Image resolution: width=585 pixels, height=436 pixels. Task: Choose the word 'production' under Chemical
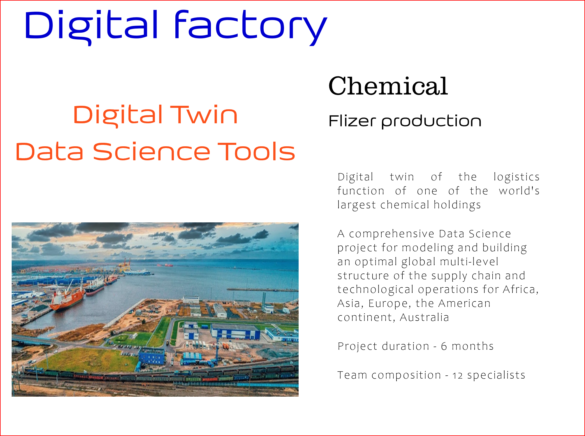(431, 121)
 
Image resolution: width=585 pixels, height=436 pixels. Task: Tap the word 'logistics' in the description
(516, 177)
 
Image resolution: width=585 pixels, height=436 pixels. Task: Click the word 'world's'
(519, 191)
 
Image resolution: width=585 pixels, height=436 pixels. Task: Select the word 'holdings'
(457, 205)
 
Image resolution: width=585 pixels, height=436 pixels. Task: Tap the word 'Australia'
(424, 317)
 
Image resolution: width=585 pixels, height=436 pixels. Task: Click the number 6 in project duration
(444, 347)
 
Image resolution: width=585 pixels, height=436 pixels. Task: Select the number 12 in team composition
(457, 376)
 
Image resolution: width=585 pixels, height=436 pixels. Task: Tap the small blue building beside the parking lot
(151, 356)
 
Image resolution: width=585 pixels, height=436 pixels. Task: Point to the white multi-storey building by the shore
(191, 299)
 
